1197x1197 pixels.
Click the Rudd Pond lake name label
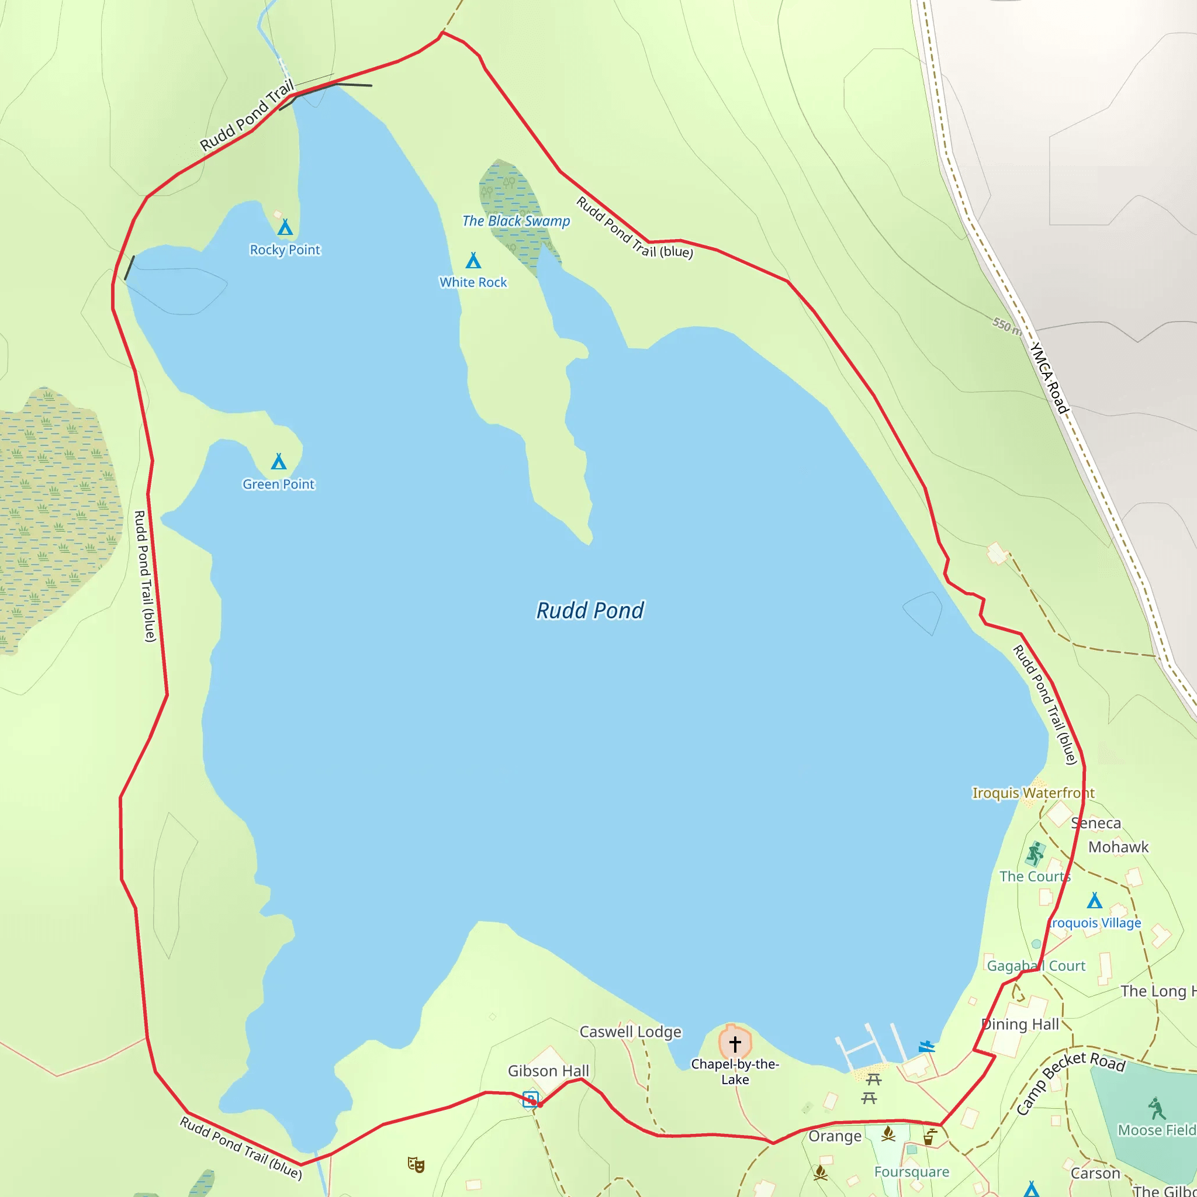590,610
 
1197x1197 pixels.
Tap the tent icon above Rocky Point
285,227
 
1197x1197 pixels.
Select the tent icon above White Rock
473,260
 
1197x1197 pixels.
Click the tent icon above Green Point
279,462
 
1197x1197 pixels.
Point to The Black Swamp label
516,221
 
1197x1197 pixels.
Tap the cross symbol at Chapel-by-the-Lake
735,1044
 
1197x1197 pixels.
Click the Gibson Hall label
548,1071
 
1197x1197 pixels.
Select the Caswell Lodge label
630,1032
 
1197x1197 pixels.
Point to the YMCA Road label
1049,378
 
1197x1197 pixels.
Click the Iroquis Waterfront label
1033,793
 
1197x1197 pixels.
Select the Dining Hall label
1020,1024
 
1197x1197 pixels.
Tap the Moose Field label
1156,1130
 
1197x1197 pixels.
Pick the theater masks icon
416,1164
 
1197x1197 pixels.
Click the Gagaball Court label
1036,966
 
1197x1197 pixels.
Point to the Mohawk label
1118,847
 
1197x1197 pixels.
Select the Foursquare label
911,1172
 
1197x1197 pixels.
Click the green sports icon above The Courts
1035,853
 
